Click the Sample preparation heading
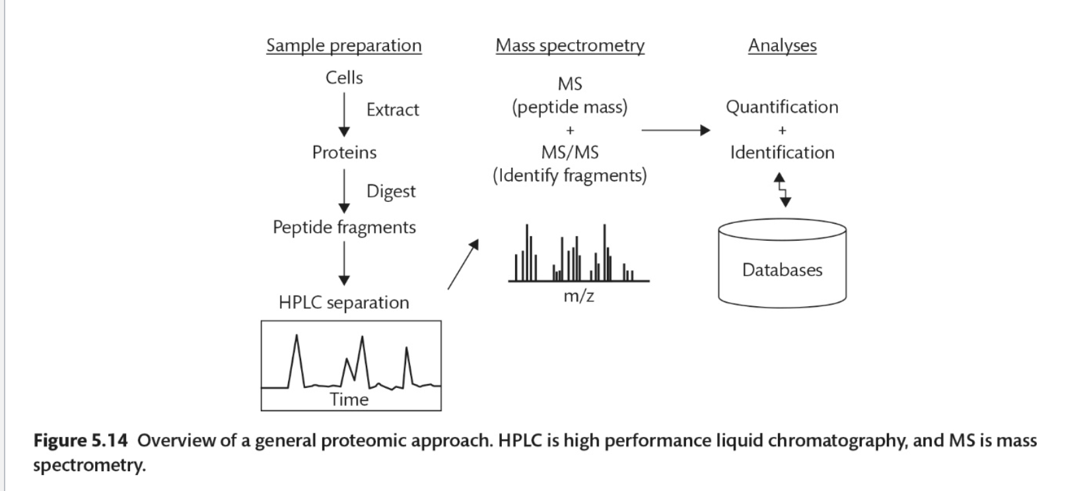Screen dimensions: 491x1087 [343, 46]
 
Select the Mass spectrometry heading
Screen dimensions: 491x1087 [570, 46]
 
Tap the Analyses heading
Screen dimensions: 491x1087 [782, 46]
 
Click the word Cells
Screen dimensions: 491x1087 [344, 78]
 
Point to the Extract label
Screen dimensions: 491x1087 [392, 110]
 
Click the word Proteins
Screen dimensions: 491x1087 [344, 152]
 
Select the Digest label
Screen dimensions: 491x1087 [391, 191]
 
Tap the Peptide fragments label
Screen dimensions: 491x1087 [344, 227]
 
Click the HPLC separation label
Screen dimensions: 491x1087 [344, 302]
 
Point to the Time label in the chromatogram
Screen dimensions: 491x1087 [349, 399]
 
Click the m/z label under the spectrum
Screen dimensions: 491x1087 [579, 296]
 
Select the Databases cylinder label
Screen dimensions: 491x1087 [782, 270]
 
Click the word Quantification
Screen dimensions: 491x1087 [782, 107]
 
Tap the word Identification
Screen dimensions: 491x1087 [782, 152]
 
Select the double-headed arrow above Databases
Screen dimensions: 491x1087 [783, 190]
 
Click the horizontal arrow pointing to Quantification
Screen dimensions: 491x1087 [675, 130]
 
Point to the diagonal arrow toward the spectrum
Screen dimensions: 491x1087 [463, 264]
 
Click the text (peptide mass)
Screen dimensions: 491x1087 [569, 107]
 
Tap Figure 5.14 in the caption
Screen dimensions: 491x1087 [80, 440]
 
